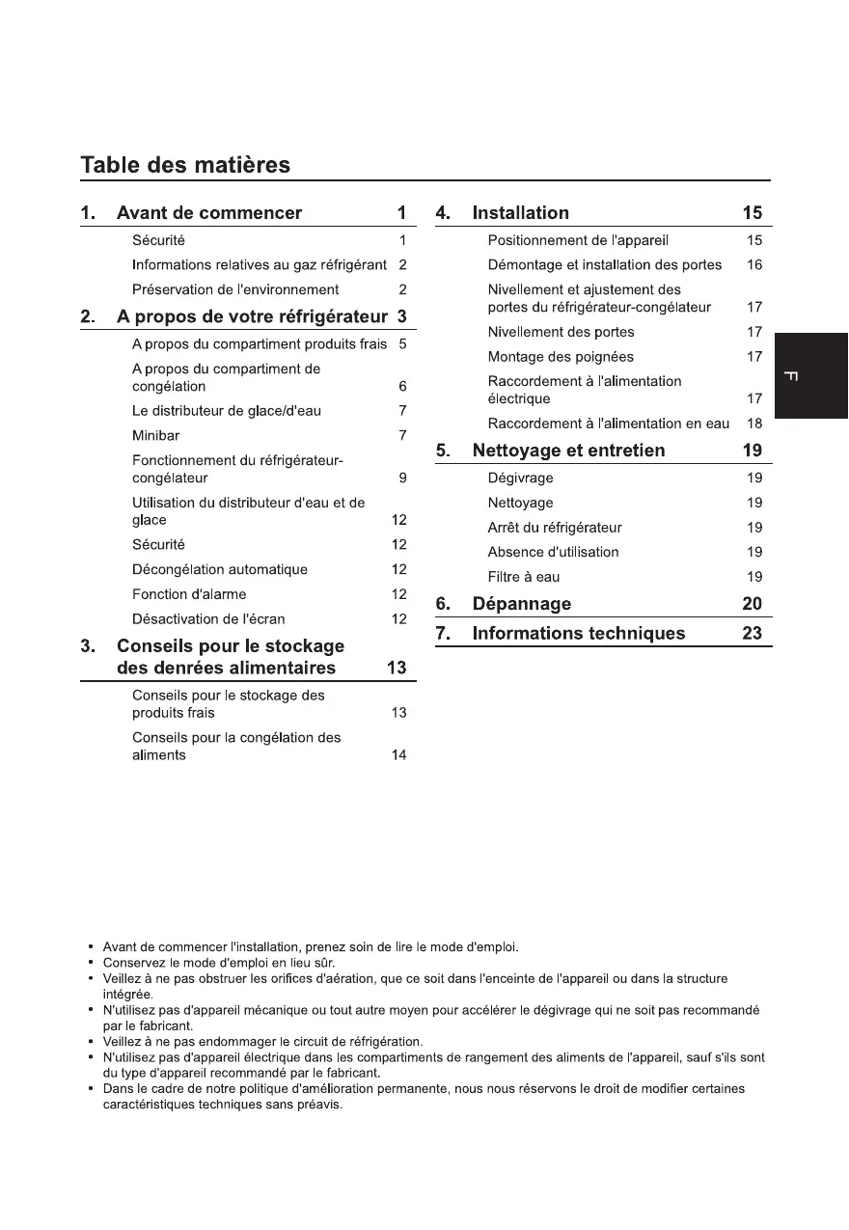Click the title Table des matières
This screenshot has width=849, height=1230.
[184, 165]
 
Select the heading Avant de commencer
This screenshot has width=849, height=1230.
[208, 213]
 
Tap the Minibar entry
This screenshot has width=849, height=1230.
[155, 436]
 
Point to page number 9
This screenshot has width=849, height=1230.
[402, 478]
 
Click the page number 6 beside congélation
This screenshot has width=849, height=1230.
[402, 387]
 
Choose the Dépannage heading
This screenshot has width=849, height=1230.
[521, 604]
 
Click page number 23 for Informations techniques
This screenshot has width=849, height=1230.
[752, 634]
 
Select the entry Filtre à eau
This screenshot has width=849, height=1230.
[523, 577]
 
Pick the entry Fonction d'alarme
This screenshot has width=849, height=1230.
[189, 594]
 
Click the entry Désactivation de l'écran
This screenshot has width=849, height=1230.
[207, 619]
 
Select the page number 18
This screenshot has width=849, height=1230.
[754, 424]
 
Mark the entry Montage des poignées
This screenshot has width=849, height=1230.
[561, 357]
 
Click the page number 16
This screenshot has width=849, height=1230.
[754, 265]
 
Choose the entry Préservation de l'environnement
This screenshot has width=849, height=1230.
[235, 289]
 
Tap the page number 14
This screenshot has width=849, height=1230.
[398, 755]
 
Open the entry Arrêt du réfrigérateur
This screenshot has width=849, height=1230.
[555, 528]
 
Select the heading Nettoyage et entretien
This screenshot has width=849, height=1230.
[568, 451]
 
